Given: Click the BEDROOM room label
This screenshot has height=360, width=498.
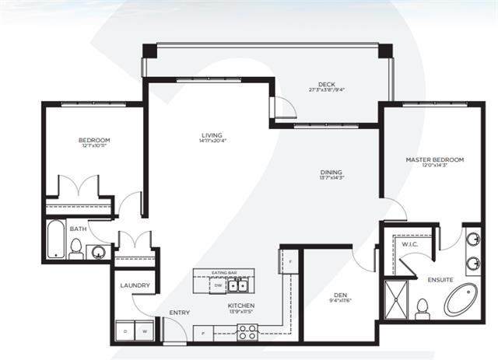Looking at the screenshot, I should pyautogui.click(x=93, y=140).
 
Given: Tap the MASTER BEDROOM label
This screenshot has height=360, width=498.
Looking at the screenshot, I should pyautogui.click(x=434, y=159).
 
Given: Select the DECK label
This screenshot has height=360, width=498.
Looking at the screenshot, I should pyautogui.click(x=327, y=85).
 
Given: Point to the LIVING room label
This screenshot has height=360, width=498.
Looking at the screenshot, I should pyautogui.click(x=212, y=135).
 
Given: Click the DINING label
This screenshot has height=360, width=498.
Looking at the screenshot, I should pyautogui.click(x=331, y=173).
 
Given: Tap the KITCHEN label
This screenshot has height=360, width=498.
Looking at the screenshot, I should pyautogui.click(x=242, y=306).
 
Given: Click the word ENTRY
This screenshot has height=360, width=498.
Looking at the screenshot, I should pyautogui.click(x=179, y=313).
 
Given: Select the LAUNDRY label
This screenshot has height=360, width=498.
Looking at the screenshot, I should pyautogui.click(x=135, y=285).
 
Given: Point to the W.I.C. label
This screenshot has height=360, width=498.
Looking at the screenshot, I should pyautogui.click(x=410, y=244).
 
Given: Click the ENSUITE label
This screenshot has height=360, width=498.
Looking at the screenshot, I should pyautogui.click(x=439, y=278).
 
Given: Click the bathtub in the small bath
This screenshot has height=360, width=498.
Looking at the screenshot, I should pyautogui.click(x=54, y=239).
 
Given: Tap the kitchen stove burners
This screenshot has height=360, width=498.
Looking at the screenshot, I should pyautogui.click(x=247, y=332).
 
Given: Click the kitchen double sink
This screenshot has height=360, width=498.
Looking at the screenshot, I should pyautogui.click(x=237, y=285).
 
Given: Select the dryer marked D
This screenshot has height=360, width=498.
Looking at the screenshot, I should pyautogui.click(x=124, y=331).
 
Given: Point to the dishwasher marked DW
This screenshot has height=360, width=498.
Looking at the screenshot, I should pyautogui.click(x=219, y=285).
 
